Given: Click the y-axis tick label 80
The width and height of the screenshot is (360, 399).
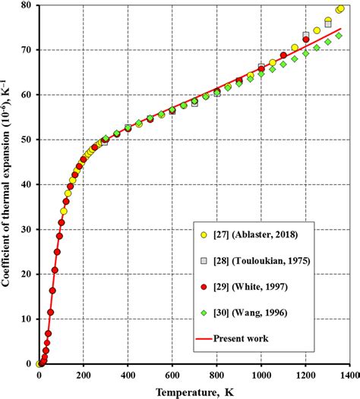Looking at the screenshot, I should click(x=26, y=5).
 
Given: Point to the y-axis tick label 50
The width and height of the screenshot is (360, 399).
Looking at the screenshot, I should click(x=26, y=140).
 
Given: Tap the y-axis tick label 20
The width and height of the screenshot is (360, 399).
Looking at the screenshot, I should click(x=26, y=275).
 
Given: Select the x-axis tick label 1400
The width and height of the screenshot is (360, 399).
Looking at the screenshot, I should click(x=349, y=375).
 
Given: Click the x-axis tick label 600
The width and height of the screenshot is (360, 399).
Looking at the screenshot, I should click(x=172, y=375).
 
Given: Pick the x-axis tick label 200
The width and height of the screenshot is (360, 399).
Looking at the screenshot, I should click(x=83, y=375).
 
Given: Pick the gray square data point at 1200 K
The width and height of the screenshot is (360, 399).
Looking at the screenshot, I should click(x=305, y=36).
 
